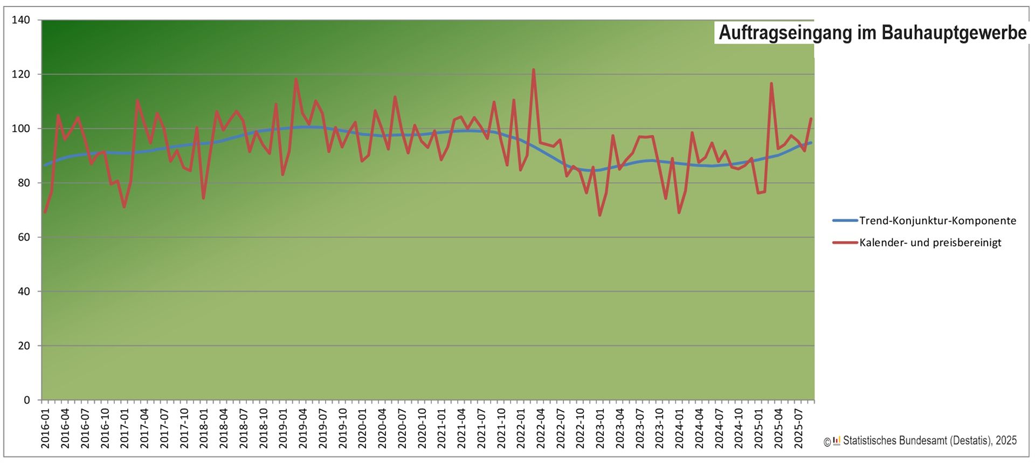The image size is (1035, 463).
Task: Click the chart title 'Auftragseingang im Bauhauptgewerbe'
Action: point(872,33)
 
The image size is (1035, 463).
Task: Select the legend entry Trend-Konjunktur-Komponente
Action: point(937,220)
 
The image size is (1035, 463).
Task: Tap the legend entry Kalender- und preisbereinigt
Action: point(930,243)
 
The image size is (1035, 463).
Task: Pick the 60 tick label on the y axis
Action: point(24,237)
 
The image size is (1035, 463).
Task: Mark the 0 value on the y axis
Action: point(26,400)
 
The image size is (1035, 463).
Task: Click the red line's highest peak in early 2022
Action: point(534,70)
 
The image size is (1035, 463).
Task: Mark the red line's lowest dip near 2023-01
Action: point(599,215)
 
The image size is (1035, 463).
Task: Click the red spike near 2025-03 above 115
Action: point(771,84)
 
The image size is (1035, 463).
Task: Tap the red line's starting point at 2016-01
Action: point(45,212)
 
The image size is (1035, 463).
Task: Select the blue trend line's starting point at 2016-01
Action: point(45,165)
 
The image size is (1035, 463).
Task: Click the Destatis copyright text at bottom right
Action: point(929,441)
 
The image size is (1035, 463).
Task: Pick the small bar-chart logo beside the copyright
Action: point(837,441)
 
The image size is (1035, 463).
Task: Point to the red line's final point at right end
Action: point(811,119)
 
